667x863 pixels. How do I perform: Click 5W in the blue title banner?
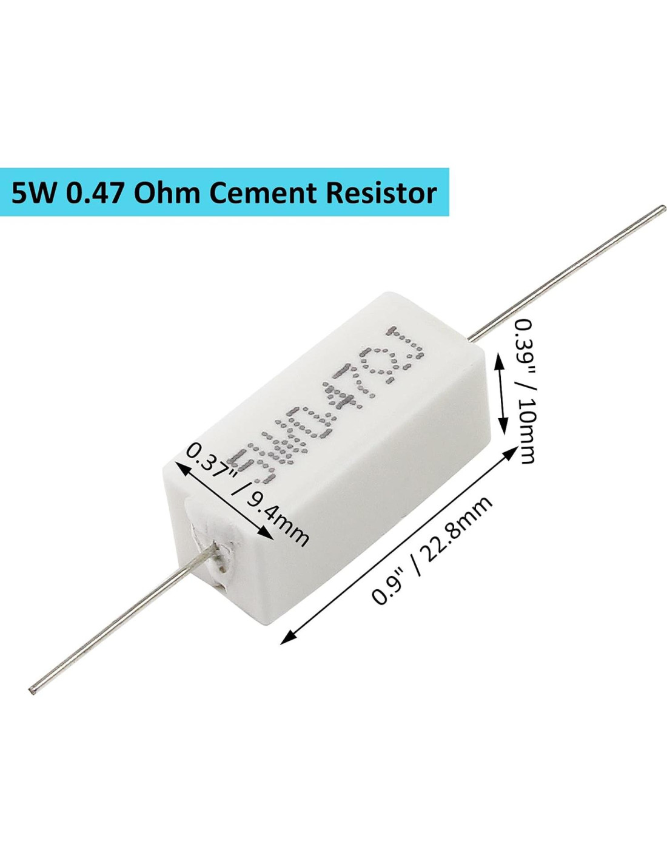click(x=34, y=193)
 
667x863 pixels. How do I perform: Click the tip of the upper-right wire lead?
click(x=662, y=211)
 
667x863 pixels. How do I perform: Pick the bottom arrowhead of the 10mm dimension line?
click(x=503, y=429)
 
